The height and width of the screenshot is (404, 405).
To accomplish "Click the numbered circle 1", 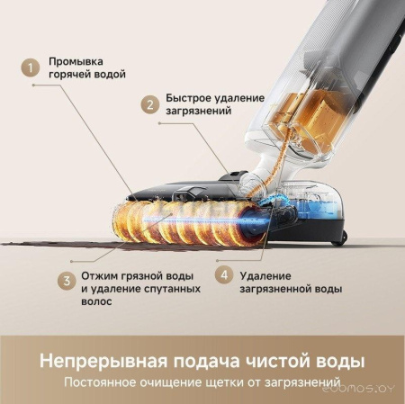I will point(31,67).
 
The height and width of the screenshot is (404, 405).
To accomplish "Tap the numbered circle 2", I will point(149,103).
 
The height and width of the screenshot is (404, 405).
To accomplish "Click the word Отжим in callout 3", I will point(98,274).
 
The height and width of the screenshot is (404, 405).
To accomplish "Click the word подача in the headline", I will point(202,362).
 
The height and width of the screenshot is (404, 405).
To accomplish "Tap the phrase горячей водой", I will point(87,74).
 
